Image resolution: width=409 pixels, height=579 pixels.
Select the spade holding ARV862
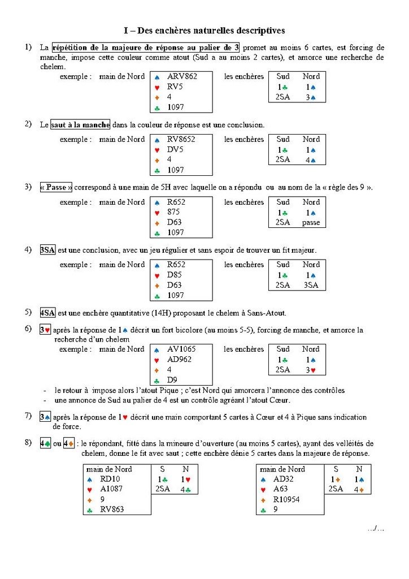point(182,76)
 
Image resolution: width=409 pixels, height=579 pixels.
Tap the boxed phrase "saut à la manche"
point(80,124)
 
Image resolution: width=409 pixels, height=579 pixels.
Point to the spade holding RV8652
point(182,139)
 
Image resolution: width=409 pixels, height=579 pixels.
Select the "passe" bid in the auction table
point(311,223)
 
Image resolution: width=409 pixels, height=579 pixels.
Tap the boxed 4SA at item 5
point(47,313)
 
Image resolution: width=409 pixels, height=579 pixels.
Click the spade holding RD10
point(110,479)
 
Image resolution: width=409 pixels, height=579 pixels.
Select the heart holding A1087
point(112,489)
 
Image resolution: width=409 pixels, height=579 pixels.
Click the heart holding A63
point(281,489)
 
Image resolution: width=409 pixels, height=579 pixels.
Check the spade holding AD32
point(284,479)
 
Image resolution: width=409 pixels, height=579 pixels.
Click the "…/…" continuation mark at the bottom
point(376,529)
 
